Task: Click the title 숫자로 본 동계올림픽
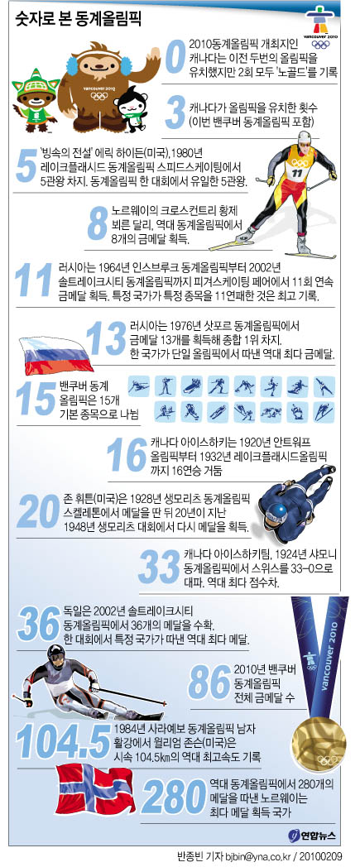pos(78,21)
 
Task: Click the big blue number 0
pos(175,58)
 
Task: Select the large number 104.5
pos(64,742)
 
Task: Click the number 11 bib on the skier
pos(298,173)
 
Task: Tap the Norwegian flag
pos(96,789)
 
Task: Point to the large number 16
pos(127,454)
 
